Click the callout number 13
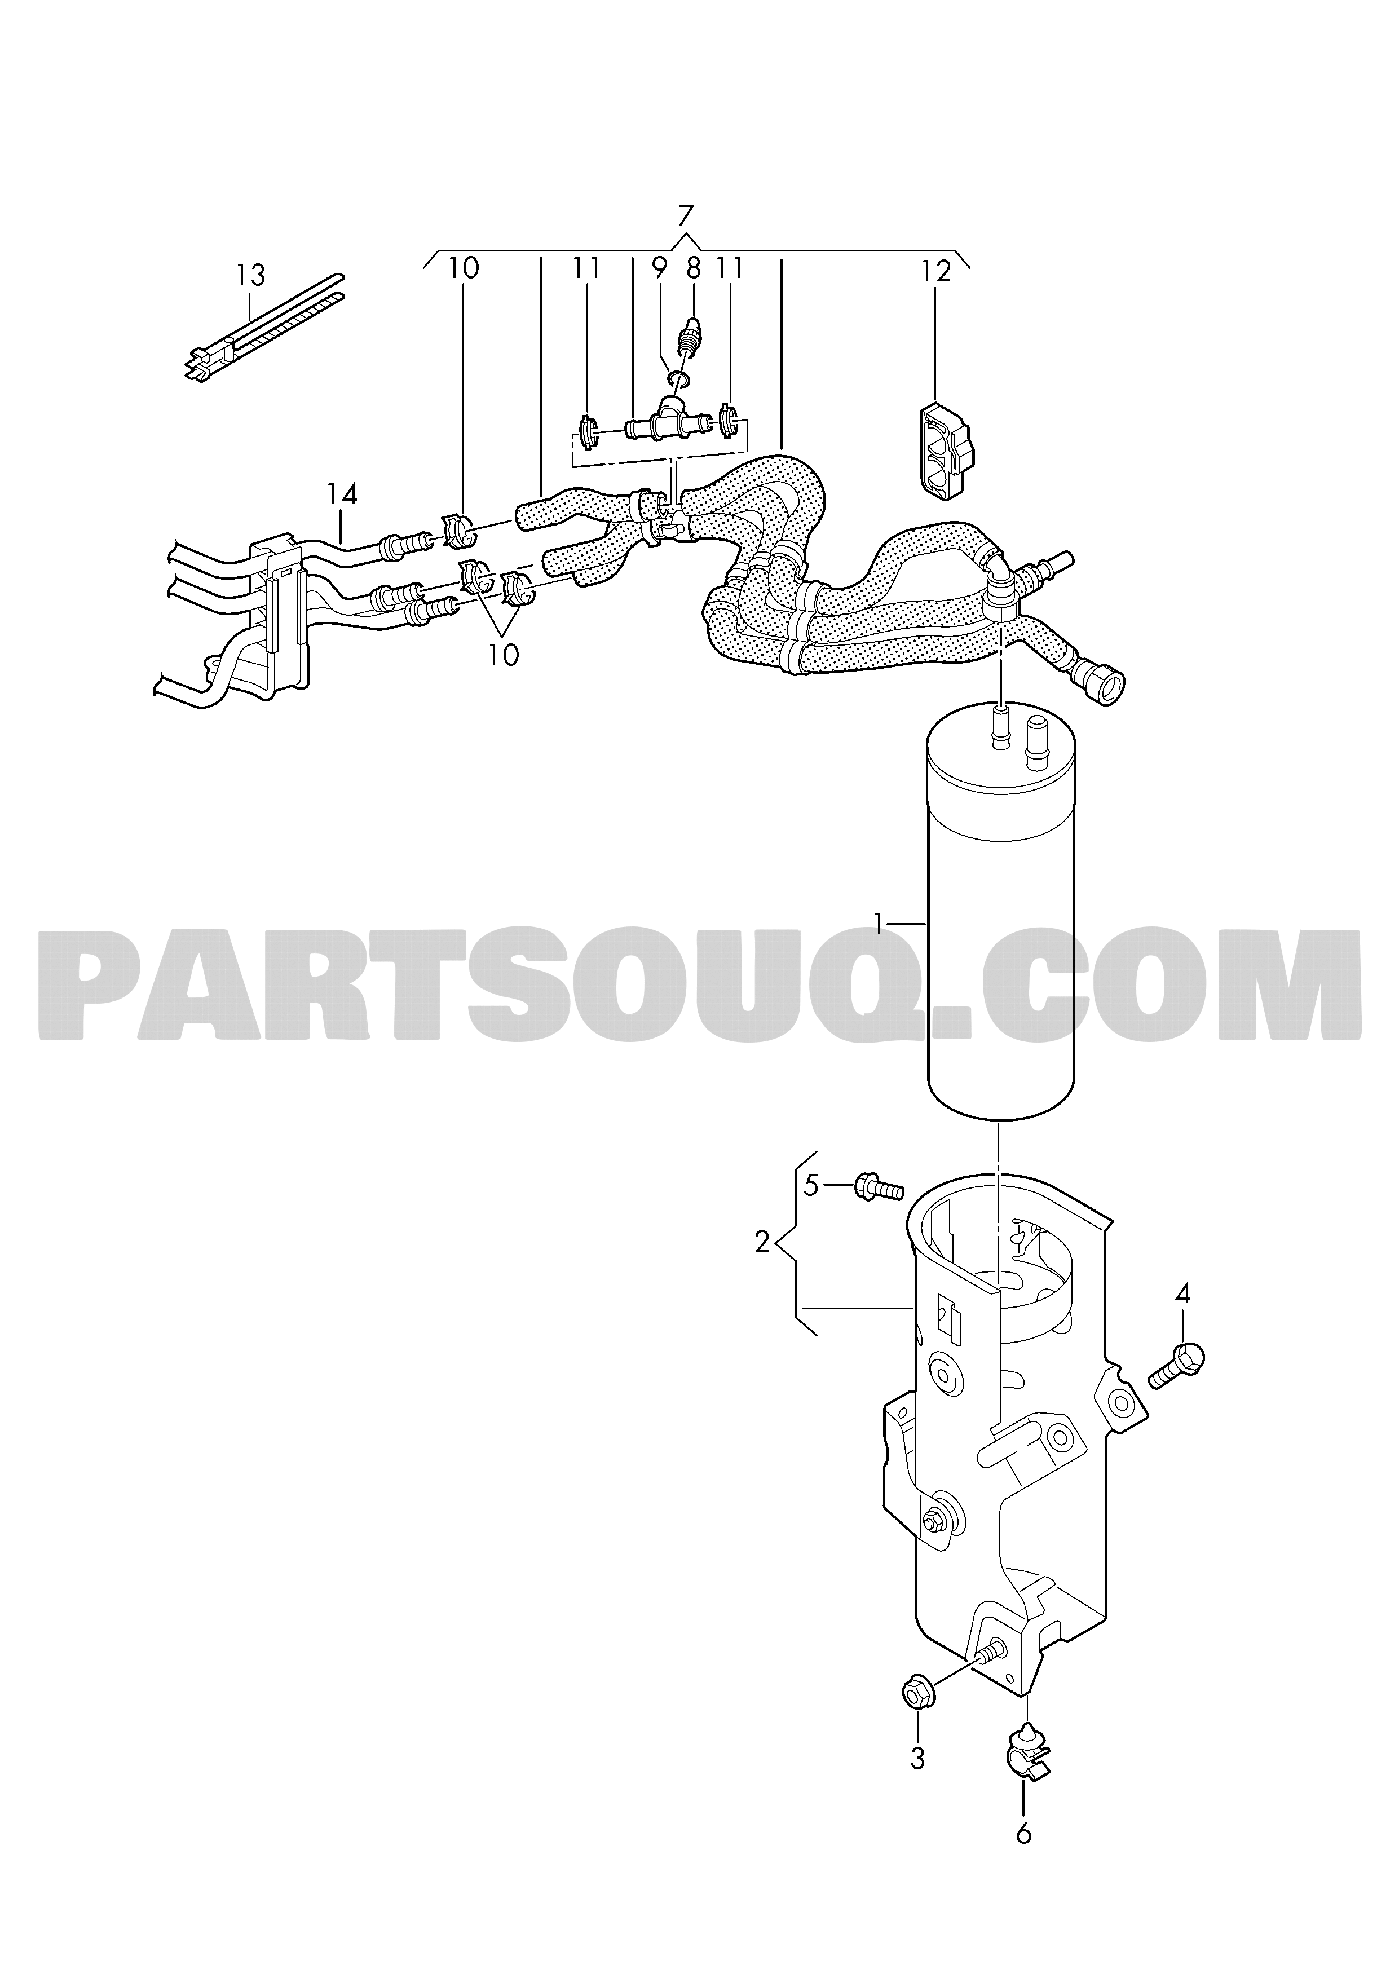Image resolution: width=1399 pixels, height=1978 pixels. (x=251, y=276)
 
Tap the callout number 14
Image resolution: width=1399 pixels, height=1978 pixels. (x=342, y=494)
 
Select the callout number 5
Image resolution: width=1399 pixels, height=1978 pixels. (x=811, y=1185)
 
